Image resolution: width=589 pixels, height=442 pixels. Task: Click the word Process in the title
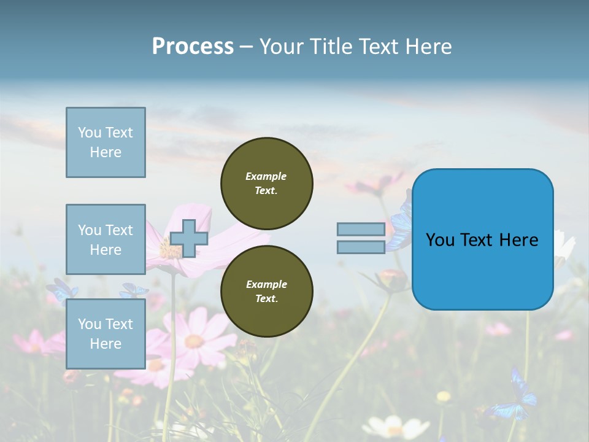click(193, 47)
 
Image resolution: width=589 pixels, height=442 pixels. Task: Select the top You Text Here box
click(106, 142)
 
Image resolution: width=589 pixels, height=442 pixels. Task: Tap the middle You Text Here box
click(106, 239)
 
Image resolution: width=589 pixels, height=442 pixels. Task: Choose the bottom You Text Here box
click(106, 333)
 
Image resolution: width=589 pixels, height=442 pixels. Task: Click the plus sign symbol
click(189, 238)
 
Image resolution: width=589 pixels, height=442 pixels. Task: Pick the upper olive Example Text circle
click(266, 183)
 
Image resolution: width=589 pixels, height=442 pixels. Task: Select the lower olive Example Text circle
click(266, 291)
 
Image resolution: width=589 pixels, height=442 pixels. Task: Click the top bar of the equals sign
click(361, 229)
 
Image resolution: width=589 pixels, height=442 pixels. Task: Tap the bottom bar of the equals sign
click(361, 247)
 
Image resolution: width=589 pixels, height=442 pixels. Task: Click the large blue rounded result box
click(482, 239)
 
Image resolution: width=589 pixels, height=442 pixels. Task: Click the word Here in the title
click(429, 47)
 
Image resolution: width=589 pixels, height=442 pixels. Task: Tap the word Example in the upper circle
click(266, 176)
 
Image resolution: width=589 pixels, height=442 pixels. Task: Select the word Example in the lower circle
click(266, 284)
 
